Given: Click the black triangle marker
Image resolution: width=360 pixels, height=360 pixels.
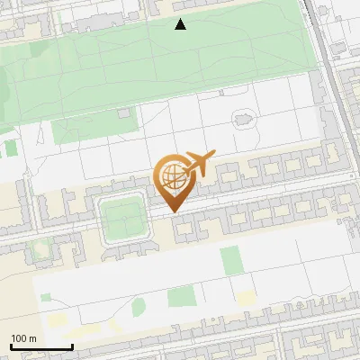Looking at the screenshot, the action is coord(181,24).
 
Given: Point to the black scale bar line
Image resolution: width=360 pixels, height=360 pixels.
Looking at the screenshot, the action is coord(41,346).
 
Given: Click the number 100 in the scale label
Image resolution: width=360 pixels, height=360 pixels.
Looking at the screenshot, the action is coord(20,338).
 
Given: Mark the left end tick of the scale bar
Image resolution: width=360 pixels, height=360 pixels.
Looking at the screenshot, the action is coord(11,345).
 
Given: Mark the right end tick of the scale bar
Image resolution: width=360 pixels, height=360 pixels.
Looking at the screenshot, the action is coord(72,345).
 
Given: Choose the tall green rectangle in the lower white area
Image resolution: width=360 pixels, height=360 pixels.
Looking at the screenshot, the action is coord(231,260).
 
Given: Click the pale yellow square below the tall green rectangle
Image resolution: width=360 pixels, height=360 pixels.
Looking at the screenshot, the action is coord(245,298).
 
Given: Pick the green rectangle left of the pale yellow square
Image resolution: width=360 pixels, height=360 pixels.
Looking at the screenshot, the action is coord(181,296).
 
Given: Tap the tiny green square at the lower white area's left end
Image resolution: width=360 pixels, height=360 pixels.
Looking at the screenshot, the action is coord(45,296).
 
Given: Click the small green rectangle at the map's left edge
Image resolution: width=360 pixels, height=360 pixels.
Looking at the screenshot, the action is coord(10,148).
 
